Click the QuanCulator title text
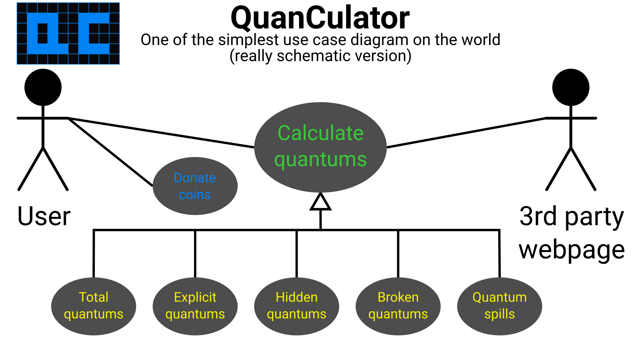click(x=320, y=18)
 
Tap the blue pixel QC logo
click(x=68, y=33)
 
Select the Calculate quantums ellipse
click(x=320, y=147)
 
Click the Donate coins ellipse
click(x=195, y=186)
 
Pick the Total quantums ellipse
click(x=93, y=306)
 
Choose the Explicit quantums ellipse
click(x=195, y=306)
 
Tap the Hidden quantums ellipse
click(x=296, y=306)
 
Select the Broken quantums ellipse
click(x=398, y=306)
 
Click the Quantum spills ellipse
click(x=499, y=306)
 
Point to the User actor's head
click(x=43, y=87)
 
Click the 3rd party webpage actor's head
click(x=571, y=87)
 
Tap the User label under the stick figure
click(x=44, y=216)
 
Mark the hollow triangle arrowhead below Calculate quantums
click(x=320, y=203)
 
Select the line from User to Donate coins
click(x=110, y=152)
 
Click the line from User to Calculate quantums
click(x=160, y=132)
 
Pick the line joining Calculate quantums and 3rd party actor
click(x=466, y=133)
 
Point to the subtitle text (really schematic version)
click(x=320, y=56)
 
